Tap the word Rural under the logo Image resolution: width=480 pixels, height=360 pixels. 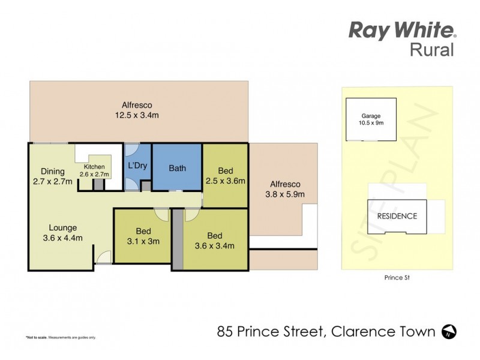(x=431, y=50)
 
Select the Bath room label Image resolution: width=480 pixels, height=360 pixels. (x=177, y=168)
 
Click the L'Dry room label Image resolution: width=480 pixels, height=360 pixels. (x=138, y=166)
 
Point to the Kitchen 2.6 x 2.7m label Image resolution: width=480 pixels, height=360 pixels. (x=94, y=170)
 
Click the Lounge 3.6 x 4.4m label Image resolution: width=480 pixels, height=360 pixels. (x=62, y=233)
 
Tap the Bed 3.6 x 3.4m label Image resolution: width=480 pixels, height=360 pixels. (x=214, y=240)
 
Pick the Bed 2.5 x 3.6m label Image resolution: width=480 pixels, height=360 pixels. (x=226, y=175)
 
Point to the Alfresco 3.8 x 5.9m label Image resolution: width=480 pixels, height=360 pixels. (x=284, y=189)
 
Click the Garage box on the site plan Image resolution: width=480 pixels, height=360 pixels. (x=371, y=119)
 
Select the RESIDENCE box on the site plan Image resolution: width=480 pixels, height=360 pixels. (x=397, y=216)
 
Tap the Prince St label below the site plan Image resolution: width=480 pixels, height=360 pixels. (x=397, y=278)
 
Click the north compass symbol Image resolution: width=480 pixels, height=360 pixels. (x=448, y=331)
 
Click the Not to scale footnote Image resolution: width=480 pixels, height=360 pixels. (x=60, y=337)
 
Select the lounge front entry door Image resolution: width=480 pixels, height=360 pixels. (x=104, y=259)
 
